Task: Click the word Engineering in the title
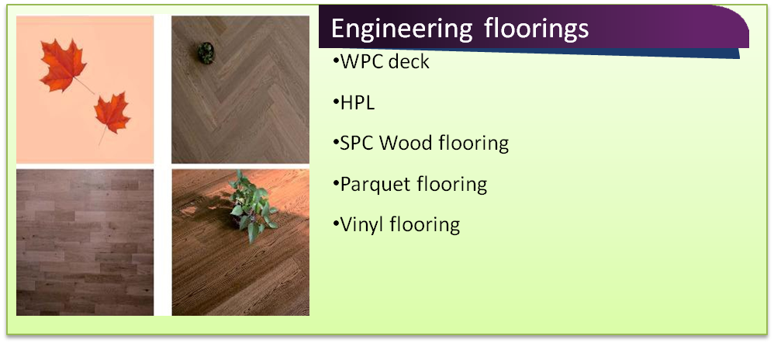click(x=402, y=29)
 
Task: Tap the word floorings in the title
click(x=537, y=28)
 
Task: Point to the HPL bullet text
click(x=358, y=102)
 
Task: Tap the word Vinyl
click(x=363, y=225)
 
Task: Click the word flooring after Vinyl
click(x=425, y=225)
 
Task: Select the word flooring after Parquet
click(x=452, y=184)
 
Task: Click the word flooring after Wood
click(x=473, y=144)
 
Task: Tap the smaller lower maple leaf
click(x=112, y=113)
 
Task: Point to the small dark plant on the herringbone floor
click(x=206, y=53)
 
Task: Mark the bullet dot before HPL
click(x=336, y=102)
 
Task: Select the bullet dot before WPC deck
click(x=336, y=62)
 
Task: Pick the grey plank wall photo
click(x=85, y=243)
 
